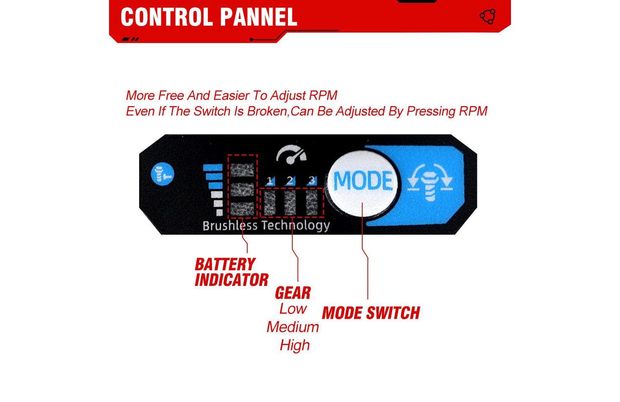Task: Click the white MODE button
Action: [x=363, y=181]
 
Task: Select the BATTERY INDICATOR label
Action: [x=232, y=272]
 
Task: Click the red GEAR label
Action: [x=292, y=293]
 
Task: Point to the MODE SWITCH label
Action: [x=371, y=313]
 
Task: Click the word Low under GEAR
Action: [x=293, y=309]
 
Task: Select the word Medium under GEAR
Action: [x=293, y=327]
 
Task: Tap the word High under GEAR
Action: [x=294, y=345]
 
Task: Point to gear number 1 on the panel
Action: [x=270, y=180]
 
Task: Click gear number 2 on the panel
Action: [x=290, y=180]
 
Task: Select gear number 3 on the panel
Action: [x=312, y=180]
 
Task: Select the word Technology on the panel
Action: [x=295, y=226]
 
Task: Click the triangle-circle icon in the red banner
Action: [x=487, y=17]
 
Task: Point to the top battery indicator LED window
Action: [x=243, y=169]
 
